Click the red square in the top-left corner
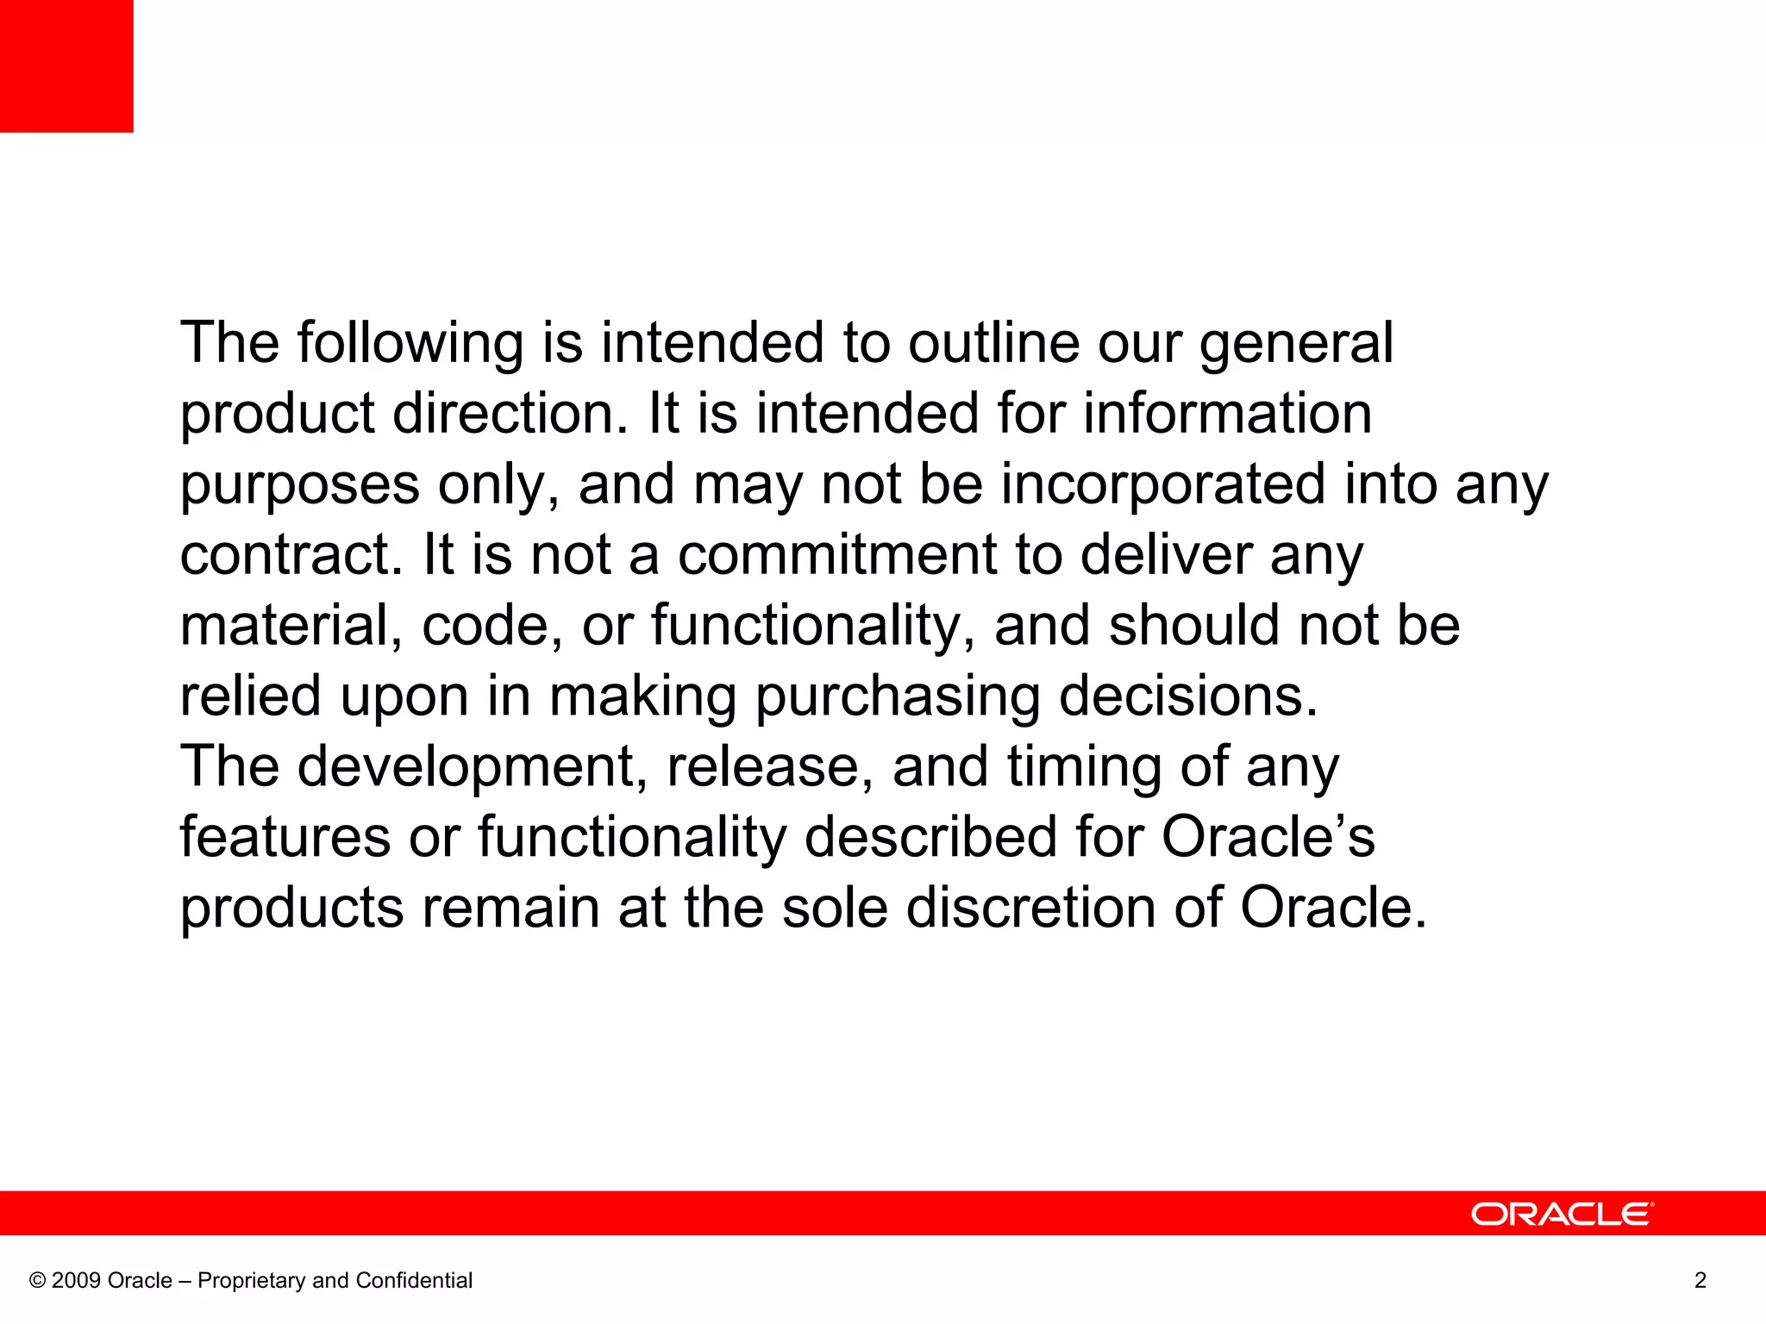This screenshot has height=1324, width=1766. click(66, 66)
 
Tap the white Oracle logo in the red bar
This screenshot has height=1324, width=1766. click(1562, 1215)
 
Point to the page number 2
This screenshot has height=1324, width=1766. click(1700, 1280)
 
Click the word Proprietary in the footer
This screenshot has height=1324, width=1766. click(252, 1281)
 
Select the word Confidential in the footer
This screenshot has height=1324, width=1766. click(414, 1280)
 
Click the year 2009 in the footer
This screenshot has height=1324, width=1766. click(77, 1280)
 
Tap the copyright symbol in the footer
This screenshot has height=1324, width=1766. click(37, 1281)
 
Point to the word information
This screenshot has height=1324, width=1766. click(1227, 414)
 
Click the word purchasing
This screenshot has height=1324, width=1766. click(898, 698)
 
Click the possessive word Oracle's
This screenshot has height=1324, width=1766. click(1268, 838)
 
